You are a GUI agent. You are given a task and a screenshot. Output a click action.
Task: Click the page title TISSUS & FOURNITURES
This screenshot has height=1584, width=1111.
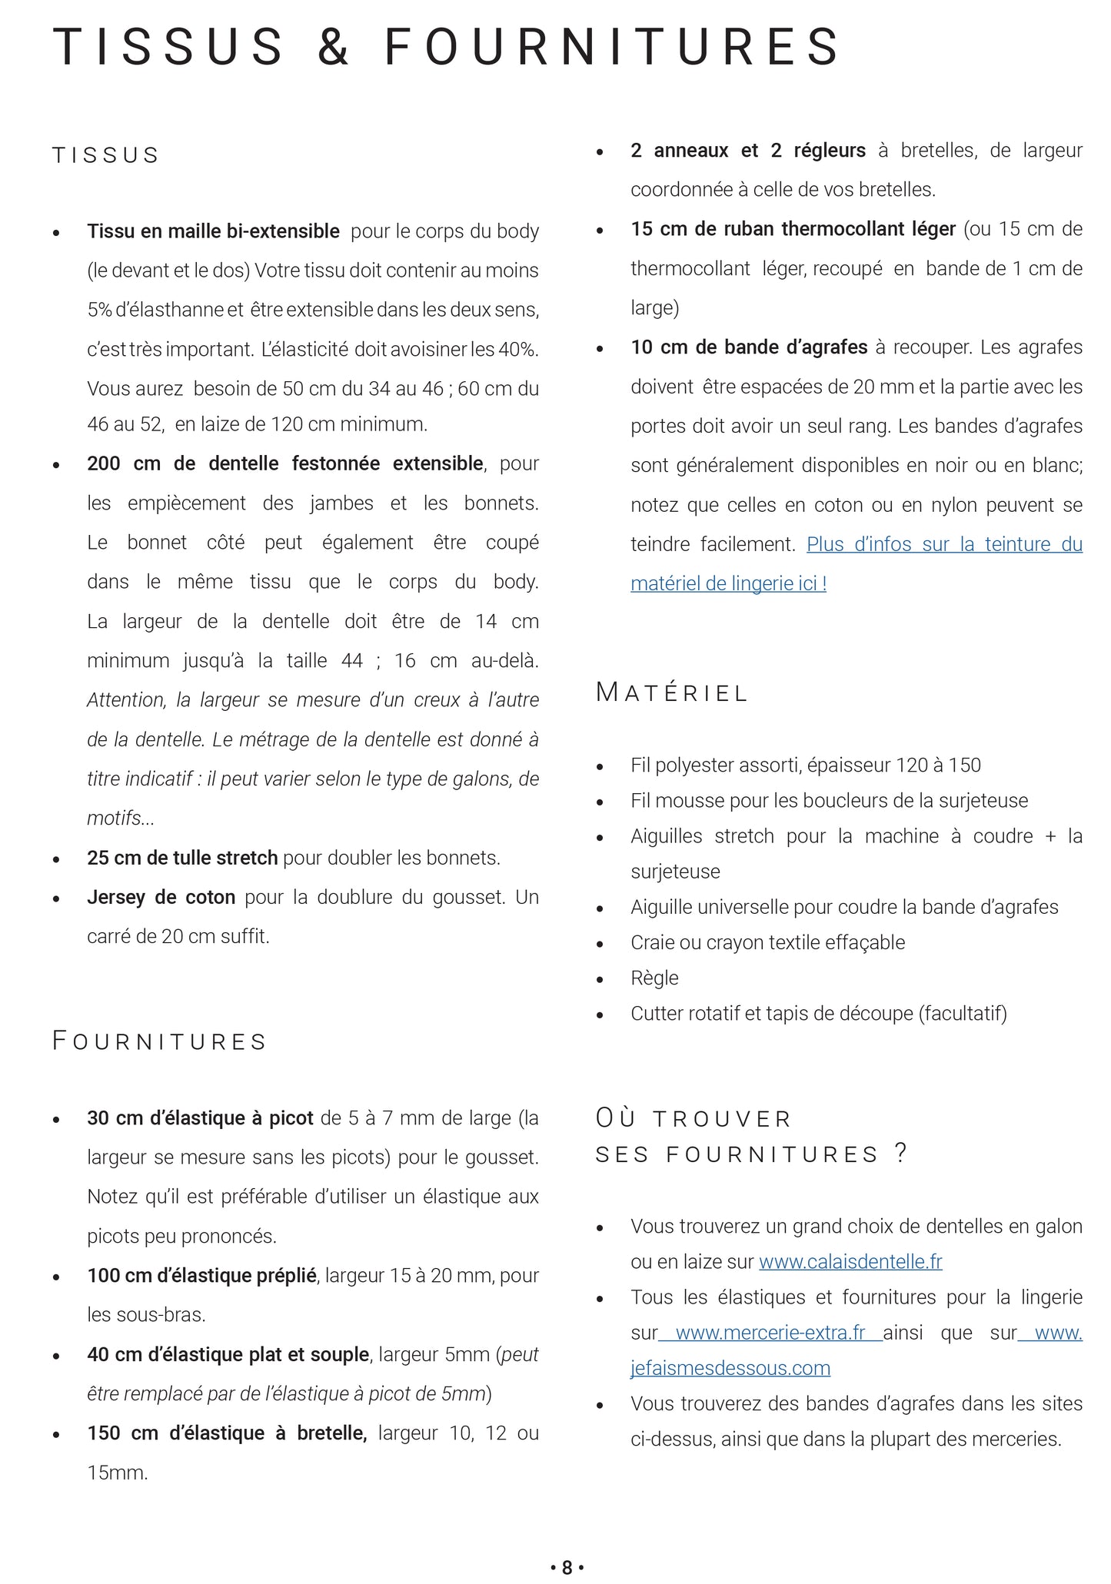[x=447, y=47]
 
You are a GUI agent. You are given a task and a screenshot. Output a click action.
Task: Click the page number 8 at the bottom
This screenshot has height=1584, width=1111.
[x=567, y=1567]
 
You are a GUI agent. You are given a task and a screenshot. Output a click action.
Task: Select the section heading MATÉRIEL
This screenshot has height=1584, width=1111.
[x=671, y=693]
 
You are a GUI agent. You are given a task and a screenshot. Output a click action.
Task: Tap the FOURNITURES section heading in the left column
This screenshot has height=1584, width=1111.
[x=159, y=1041]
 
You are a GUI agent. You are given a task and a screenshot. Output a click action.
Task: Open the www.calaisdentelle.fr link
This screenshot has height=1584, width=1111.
[x=850, y=1261]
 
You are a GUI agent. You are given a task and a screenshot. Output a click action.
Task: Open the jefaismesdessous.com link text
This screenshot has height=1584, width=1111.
[x=730, y=1368]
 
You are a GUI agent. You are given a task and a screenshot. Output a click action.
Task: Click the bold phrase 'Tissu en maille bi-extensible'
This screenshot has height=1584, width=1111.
[x=213, y=231]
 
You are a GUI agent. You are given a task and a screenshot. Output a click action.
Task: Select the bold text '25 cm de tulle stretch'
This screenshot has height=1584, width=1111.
[x=182, y=858]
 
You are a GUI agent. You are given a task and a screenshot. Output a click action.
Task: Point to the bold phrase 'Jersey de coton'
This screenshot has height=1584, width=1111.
[x=161, y=897]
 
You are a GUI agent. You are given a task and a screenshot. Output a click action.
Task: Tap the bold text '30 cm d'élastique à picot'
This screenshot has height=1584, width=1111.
[x=200, y=1118]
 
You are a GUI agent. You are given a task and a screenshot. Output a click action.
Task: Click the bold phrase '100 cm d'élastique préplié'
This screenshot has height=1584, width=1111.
[x=201, y=1276]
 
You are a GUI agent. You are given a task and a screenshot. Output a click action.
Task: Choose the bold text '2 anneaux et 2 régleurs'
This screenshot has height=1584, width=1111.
[x=747, y=151]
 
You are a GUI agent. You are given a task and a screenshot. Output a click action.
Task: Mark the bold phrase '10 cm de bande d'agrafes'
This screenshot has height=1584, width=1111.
[x=748, y=347]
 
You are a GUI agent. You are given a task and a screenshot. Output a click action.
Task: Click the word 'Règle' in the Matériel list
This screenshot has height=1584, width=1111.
[x=654, y=978]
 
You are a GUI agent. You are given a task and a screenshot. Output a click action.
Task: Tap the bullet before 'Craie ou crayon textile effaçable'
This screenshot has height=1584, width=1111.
[x=600, y=944]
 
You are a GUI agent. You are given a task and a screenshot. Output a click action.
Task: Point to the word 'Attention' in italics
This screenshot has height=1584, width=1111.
[x=126, y=700]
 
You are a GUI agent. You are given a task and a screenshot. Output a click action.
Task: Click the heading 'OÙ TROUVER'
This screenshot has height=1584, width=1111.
[x=693, y=1118]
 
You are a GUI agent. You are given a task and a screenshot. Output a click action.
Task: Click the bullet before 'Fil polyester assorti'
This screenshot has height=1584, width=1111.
[x=600, y=766]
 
